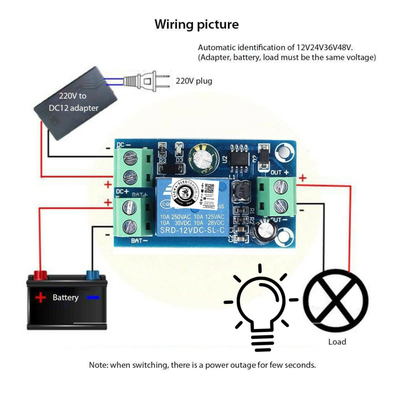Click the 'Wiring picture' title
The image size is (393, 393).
pos(196,24)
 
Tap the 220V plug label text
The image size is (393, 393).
pos(194,81)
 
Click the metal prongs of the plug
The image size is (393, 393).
pos(163,81)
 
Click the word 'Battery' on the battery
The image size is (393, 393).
pos(65,298)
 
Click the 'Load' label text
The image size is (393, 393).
pos(337,342)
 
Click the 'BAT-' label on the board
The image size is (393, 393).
pos(138,242)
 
